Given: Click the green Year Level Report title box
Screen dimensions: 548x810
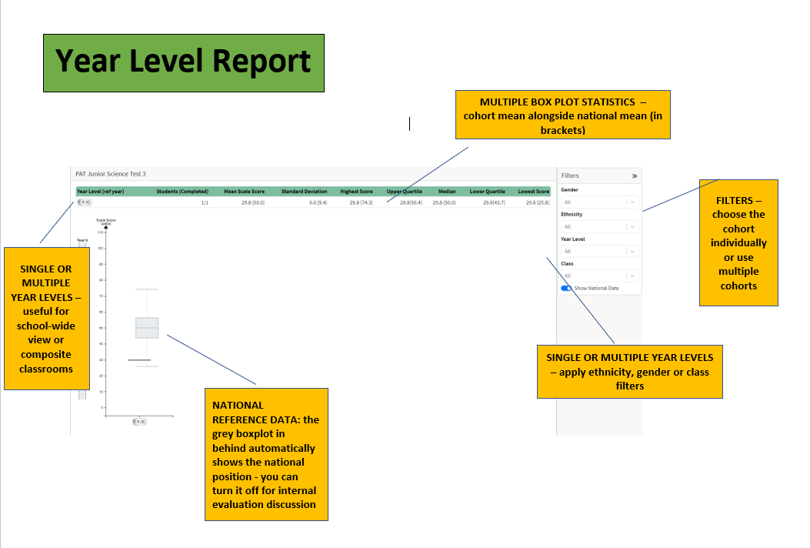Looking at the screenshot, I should click(x=183, y=62).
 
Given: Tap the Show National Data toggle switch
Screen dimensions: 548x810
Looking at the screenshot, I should click(x=567, y=288).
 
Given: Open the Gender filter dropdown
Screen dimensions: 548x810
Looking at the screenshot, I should click(x=599, y=202).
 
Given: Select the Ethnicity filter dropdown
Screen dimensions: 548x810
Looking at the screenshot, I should click(x=599, y=227).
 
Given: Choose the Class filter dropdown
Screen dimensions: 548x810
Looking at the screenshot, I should click(x=599, y=276).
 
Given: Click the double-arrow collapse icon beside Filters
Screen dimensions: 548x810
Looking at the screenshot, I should click(x=635, y=176).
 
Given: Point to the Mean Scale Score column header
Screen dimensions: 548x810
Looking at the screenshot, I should click(x=244, y=192).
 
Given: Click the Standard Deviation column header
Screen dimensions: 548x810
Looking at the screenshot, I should click(x=304, y=192).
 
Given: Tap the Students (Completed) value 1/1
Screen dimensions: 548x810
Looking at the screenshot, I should click(x=205, y=202).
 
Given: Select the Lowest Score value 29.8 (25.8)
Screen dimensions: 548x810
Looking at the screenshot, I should click(x=538, y=202).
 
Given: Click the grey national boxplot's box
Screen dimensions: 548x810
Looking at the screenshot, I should click(x=147, y=328).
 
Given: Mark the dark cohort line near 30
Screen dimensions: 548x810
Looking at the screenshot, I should click(x=139, y=360).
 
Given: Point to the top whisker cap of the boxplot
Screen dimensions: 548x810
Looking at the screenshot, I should click(x=147, y=289).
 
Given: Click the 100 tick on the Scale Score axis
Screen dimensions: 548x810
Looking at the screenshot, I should click(x=101, y=232).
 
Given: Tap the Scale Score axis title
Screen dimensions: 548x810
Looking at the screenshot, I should click(x=105, y=222).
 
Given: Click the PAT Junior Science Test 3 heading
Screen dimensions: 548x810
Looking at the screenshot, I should click(x=110, y=174).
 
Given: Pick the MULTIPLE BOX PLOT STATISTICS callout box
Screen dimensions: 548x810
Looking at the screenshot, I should click(x=562, y=115).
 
